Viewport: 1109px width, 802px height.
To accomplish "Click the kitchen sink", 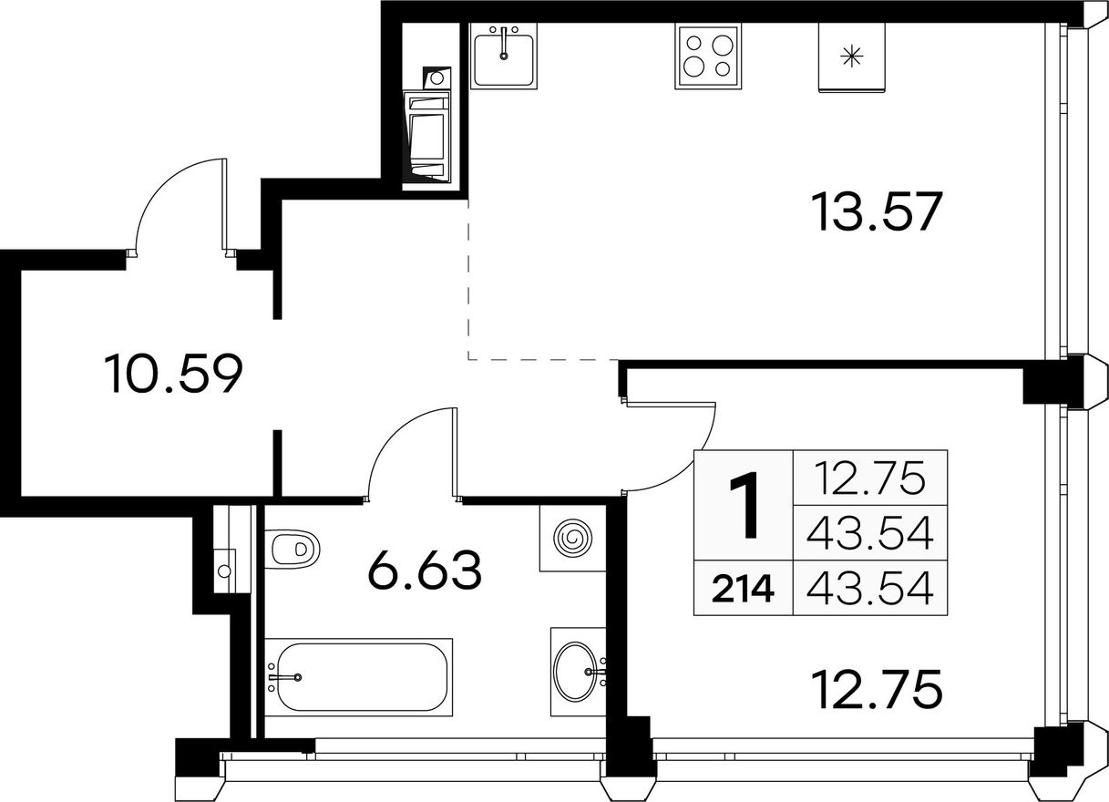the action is point(504,56).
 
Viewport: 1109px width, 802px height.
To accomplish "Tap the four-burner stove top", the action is point(708,57).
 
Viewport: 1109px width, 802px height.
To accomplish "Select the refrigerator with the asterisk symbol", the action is point(851,57).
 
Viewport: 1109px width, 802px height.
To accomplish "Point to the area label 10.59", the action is point(173,374).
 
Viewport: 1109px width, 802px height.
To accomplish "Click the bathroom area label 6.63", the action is point(425,571).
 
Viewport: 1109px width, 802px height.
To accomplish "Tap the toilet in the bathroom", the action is point(293,549).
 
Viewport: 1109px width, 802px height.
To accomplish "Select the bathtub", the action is point(358,677).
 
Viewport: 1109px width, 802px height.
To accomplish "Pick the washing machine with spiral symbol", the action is point(573,538).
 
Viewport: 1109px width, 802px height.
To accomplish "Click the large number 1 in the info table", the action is point(744,505).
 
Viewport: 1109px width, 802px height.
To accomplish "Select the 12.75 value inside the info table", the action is point(870,478).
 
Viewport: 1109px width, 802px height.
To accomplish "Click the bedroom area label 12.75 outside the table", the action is point(877,689).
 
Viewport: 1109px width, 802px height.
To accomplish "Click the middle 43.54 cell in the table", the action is point(870,534).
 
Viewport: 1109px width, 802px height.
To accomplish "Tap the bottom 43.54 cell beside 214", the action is point(870,589).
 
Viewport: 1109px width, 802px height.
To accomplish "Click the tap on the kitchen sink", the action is point(504,44).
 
